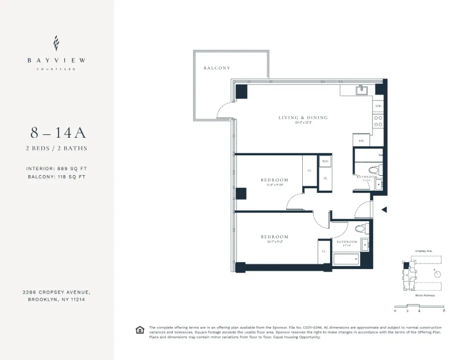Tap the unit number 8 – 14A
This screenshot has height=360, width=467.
pos(58,133)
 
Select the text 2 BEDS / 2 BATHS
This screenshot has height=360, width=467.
pos(56,148)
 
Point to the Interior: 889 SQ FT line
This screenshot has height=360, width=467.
pos(56,169)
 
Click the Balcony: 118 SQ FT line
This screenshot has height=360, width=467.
pos(56,177)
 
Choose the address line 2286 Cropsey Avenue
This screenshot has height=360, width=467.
pos(56,292)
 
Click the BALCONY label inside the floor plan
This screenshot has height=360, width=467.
pos(217,68)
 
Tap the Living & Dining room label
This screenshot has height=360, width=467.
pos(303,118)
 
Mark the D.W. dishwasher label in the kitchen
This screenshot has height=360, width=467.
pos(378,106)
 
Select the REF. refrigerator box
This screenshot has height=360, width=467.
pos(361,141)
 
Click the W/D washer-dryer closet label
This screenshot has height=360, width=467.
pos(325,162)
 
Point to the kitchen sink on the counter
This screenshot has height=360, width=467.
pos(361,90)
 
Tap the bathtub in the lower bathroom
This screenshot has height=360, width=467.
pos(346,259)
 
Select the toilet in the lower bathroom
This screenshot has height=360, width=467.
pos(361,229)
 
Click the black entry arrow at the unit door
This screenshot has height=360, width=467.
pos(384,210)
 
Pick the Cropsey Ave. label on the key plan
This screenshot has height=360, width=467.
pos(424,251)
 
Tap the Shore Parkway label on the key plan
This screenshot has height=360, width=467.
pos(425,296)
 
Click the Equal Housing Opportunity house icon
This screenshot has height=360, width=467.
pos(140,330)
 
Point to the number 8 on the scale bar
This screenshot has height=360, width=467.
pos(444,311)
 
